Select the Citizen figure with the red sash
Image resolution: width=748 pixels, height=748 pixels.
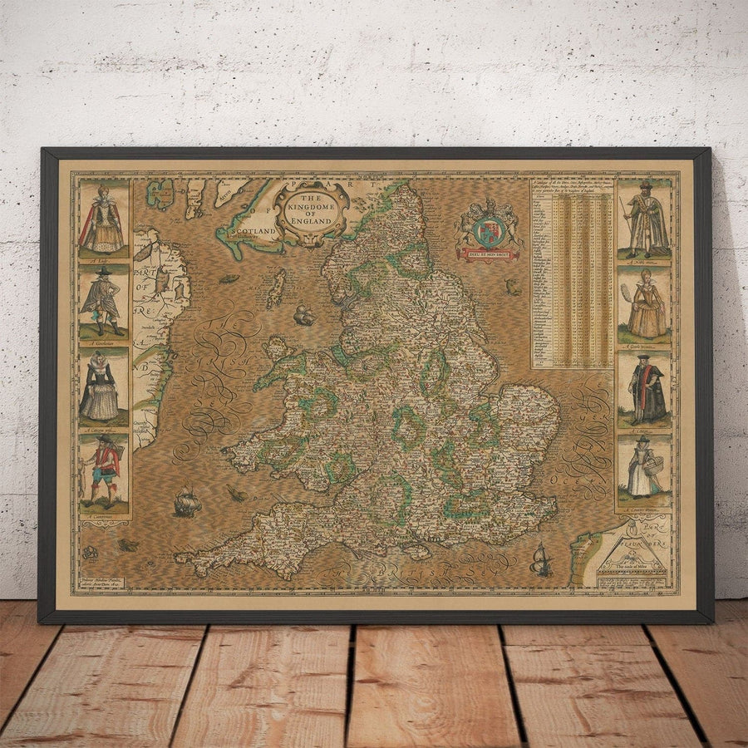[x=644, y=391]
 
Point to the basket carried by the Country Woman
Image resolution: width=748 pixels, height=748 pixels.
[x=657, y=470]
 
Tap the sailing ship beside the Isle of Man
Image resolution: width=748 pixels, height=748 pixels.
[x=303, y=315]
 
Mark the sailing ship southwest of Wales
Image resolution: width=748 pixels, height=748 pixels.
[x=186, y=500]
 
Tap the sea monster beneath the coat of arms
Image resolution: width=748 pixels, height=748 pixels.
[x=514, y=288]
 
